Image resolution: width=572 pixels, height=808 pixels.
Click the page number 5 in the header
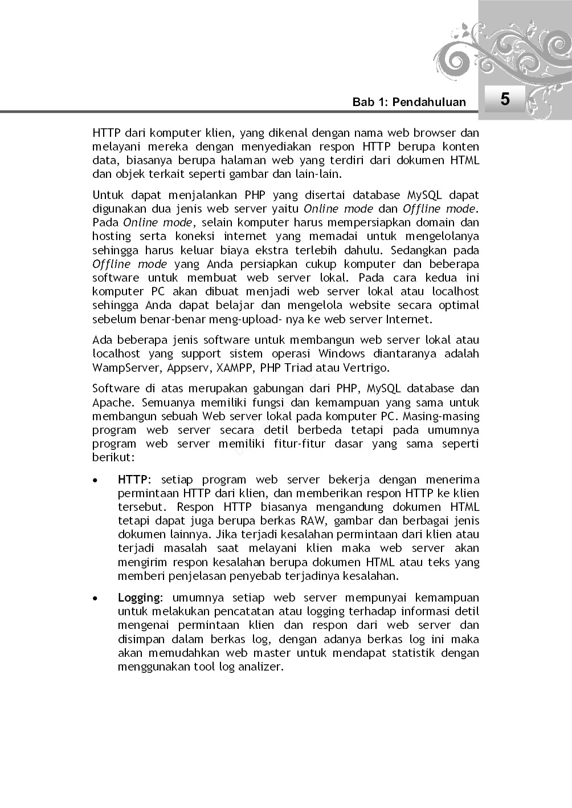[x=505, y=99]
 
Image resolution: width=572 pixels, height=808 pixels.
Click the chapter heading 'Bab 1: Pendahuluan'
[x=409, y=102]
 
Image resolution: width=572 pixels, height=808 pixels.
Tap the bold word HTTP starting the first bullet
[x=132, y=480]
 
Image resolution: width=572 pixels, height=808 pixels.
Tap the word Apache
[x=110, y=403]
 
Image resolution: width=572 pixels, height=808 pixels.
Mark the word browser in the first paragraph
[x=435, y=133]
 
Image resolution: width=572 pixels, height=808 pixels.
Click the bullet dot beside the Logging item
[x=98, y=598]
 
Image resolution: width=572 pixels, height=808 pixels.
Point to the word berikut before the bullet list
[x=113, y=457]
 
